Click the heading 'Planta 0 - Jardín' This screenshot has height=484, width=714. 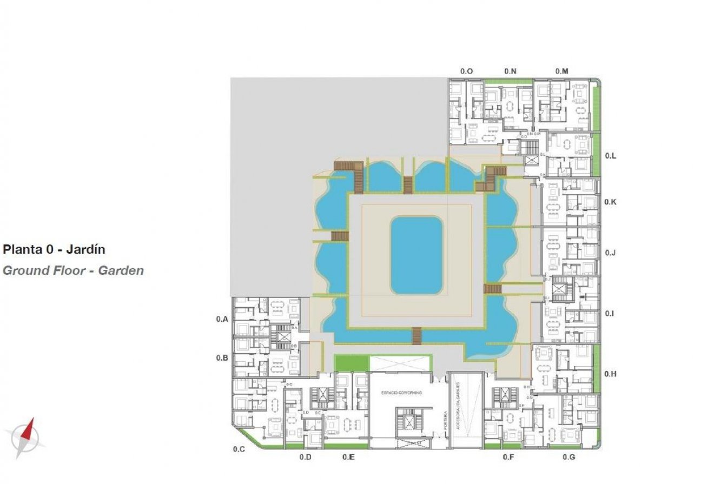[54, 250]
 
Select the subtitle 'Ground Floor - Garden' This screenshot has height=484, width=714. [73, 270]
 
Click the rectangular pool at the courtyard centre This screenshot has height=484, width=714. [416, 255]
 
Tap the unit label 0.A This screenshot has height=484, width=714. [222, 320]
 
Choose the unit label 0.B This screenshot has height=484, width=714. [222, 358]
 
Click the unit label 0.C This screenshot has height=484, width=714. [239, 449]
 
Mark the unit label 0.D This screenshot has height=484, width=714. [305, 458]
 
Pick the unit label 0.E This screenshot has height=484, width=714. [348, 458]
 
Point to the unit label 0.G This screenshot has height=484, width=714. [568, 458]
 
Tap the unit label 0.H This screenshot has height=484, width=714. [610, 374]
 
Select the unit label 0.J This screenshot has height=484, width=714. [611, 253]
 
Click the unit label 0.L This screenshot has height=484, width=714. [611, 156]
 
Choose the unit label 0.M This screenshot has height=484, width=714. [561, 71]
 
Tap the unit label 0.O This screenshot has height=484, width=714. [466, 71]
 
